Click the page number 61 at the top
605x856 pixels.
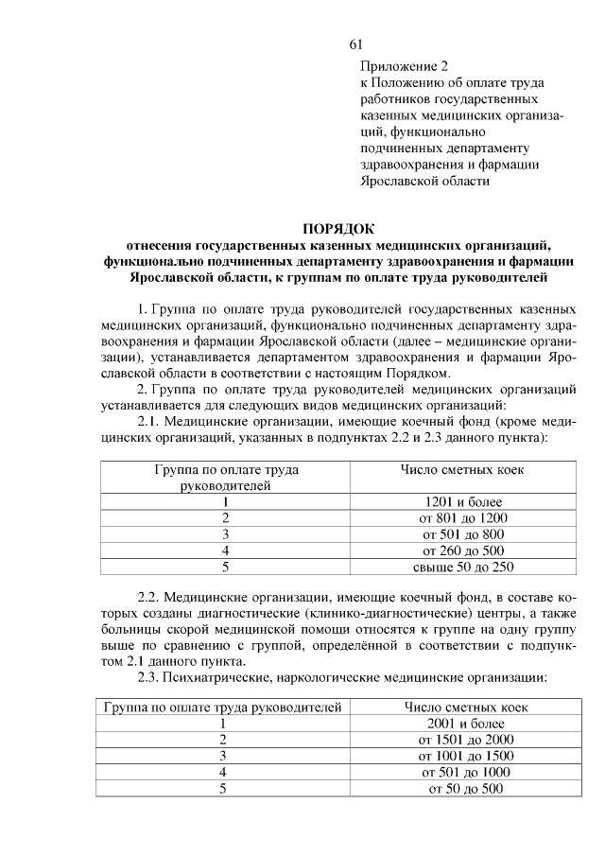coord(355,44)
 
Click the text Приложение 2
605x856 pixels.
coord(402,66)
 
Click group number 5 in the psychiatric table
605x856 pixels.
coord(223,789)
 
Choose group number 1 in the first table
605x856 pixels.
coord(226,501)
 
